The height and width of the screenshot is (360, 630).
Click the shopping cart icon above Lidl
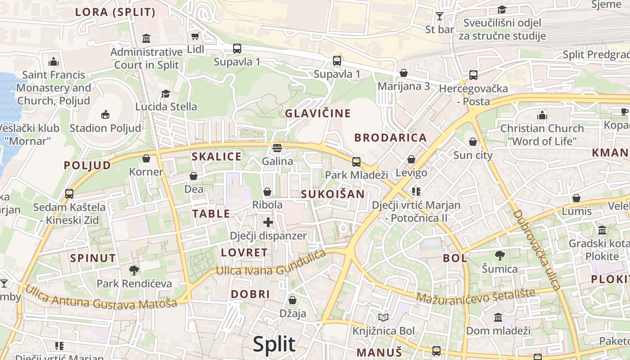(195, 36)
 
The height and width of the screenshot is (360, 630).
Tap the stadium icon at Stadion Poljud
(105, 114)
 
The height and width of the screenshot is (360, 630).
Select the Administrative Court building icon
(146, 38)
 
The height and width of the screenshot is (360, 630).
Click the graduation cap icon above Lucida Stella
(166, 94)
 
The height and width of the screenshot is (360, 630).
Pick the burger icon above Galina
(277, 148)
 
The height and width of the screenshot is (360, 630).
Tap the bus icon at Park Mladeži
(356, 162)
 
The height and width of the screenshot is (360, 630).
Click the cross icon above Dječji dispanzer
(268, 222)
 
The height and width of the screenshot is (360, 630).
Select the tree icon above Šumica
(499, 256)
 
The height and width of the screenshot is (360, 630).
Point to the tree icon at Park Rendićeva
(134, 270)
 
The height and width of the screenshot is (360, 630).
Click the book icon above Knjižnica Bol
(383, 318)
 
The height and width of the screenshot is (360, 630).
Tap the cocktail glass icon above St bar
(440, 16)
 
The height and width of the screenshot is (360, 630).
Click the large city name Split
(274, 344)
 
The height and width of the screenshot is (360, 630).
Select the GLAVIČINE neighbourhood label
(318, 113)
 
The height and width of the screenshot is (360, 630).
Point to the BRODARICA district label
(390, 138)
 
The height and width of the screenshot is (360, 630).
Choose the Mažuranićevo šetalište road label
(475, 297)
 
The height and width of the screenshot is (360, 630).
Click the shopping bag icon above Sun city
(472, 142)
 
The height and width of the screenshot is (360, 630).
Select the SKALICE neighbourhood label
(216, 157)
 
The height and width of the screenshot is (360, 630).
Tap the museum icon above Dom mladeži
(498, 317)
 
